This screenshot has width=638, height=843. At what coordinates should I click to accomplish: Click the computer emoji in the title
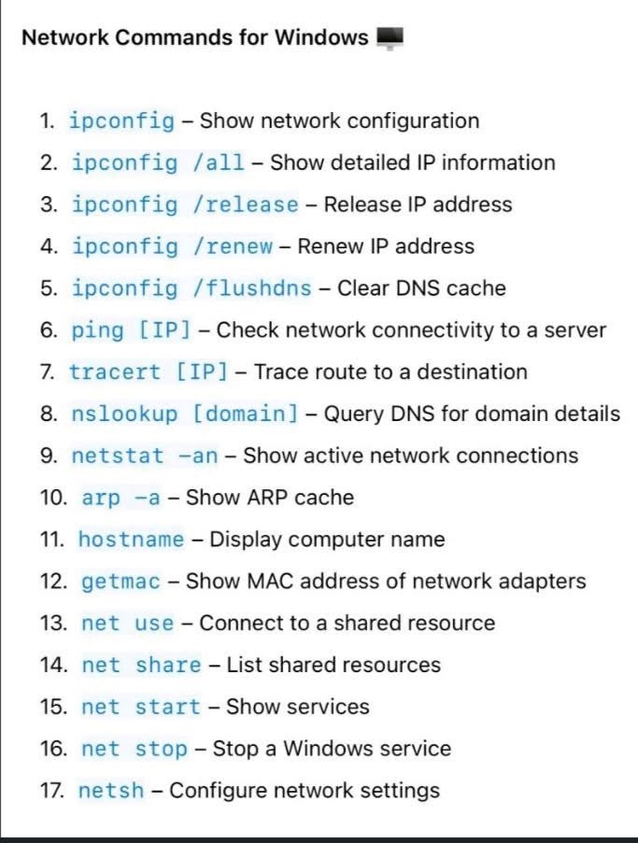(390, 39)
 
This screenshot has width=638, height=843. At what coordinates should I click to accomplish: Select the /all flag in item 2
(219, 162)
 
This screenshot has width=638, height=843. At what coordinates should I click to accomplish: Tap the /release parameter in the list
(245, 204)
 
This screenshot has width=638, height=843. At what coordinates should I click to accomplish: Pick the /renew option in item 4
(233, 246)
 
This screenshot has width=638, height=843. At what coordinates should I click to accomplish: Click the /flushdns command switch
(251, 288)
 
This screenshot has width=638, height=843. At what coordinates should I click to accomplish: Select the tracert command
(115, 372)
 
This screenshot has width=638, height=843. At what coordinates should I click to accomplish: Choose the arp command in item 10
(101, 498)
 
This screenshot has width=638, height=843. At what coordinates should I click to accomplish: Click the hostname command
(131, 540)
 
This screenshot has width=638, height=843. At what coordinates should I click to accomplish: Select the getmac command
(121, 582)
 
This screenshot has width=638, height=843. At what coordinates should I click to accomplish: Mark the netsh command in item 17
(111, 791)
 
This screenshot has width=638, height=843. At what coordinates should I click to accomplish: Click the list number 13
(53, 623)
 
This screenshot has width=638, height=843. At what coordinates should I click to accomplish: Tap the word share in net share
(168, 665)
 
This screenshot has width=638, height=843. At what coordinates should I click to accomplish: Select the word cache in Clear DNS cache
(476, 288)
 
